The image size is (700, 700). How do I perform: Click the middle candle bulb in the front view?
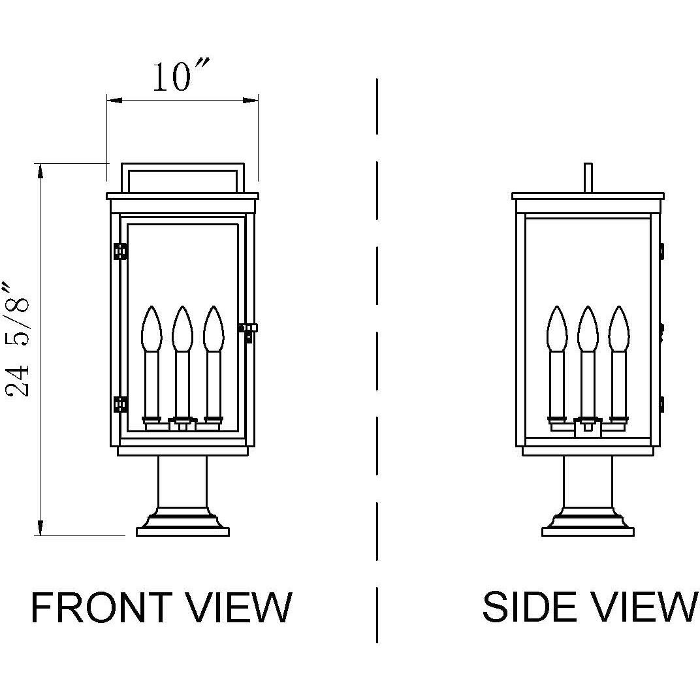(x=182, y=329)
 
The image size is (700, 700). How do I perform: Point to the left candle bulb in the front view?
(x=151, y=329)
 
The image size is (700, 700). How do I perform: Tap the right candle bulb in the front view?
(x=213, y=329)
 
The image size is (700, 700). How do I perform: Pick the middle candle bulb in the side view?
(x=588, y=329)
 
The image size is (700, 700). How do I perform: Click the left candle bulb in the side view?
(x=557, y=329)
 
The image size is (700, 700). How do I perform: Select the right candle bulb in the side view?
(x=618, y=329)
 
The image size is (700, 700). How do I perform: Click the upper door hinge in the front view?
(x=120, y=251)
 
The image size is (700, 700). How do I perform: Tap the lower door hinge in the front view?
(x=120, y=404)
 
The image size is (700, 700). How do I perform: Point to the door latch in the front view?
(x=249, y=330)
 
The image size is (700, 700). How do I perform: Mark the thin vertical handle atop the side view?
(x=588, y=178)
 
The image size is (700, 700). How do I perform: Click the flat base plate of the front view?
(x=183, y=532)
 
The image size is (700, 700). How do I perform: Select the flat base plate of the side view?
(x=588, y=532)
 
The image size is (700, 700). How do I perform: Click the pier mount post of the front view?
(x=182, y=480)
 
